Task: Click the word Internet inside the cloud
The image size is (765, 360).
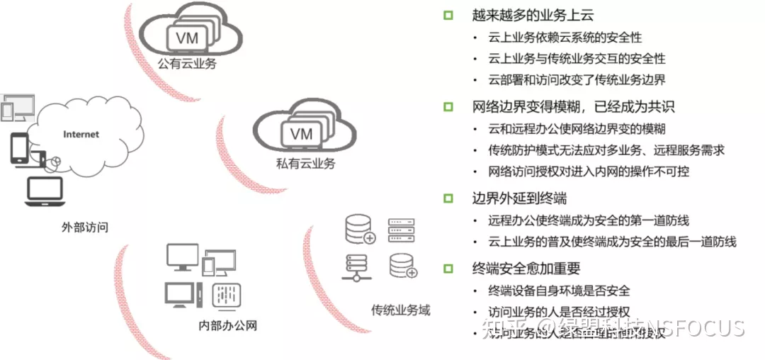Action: click(x=81, y=135)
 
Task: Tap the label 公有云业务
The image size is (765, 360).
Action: click(x=187, y=64)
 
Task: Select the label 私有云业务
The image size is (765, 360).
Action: click(x=305, y=164)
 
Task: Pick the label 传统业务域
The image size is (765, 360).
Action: click(x=400, y=310)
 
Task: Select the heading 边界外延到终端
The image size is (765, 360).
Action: click(x=519, y=198)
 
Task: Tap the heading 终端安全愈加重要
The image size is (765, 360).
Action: click(x=526, y=268)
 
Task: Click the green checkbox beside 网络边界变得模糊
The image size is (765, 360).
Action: click(x=448, y=107)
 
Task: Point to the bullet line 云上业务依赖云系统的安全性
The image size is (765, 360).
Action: click(x=565, y=38)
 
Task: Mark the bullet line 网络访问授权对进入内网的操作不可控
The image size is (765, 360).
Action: click(x=589, y=171)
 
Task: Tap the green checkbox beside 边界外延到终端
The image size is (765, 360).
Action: click(x=448, y=198)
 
